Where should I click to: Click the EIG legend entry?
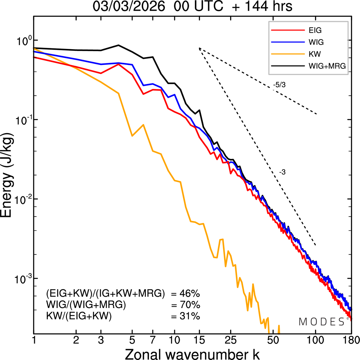(315, 30)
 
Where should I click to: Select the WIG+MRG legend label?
(327, 66)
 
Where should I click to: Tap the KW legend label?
(315, 54)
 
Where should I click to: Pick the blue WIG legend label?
(316, 42)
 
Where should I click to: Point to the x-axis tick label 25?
(231, 340)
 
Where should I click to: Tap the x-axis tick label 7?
(153, 340)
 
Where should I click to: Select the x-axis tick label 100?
(315, 340)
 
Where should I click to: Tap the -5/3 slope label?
(279, 85)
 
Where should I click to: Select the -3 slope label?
(282, 172)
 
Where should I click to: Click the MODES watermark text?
(322, 322)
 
